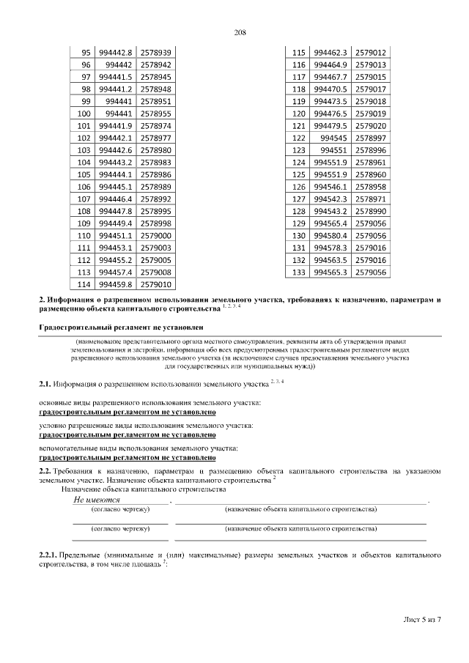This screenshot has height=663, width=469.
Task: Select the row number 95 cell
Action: click(85, 53)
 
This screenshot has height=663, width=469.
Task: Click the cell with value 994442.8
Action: click(115, 53)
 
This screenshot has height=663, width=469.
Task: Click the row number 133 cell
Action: click(298, 272)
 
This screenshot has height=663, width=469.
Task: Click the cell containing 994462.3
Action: click(330, 53)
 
